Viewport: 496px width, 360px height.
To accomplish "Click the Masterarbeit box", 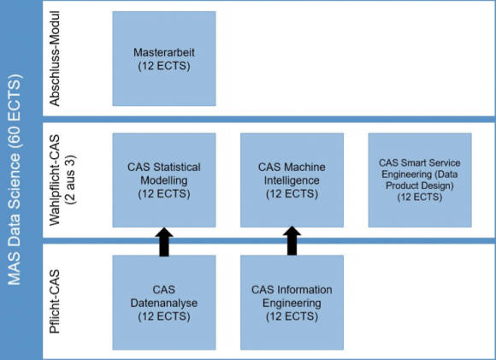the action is [x=164, y=58].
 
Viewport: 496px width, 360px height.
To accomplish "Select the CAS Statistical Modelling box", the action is [x=164, y=180].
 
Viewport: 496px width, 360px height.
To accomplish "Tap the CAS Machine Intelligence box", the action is [x=292, y=180].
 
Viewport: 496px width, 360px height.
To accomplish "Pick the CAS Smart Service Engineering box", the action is [x=420, y=180].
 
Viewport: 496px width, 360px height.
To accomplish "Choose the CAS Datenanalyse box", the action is [x=164, y=303].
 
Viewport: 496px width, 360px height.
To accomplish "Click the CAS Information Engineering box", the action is [x=292, y=303].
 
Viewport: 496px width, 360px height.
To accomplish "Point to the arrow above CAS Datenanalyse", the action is [x=164, y=242].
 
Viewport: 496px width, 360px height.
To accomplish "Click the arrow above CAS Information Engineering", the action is [x=292, y=241].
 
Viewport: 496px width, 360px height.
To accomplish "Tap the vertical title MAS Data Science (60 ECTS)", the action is [x=15, y=180].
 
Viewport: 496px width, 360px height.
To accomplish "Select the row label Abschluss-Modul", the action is [x=55, y=59].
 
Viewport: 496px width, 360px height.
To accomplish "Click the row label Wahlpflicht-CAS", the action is [x=55, y=180].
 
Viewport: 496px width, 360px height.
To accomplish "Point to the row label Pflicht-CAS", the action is [x=55, y=302].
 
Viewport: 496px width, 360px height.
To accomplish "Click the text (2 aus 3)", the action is [x=70, y=180].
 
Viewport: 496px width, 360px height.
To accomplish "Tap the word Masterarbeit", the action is [x=164, y=52].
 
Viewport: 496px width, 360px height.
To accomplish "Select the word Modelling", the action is [x=164, y=180].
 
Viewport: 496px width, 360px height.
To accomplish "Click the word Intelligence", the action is [x=292, y=180].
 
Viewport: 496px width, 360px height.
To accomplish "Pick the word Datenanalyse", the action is [x=164, y=303].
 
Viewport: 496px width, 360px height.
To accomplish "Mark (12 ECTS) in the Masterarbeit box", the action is [x=164, y=66].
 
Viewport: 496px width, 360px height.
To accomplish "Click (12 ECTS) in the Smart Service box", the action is [x=420, y=197].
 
